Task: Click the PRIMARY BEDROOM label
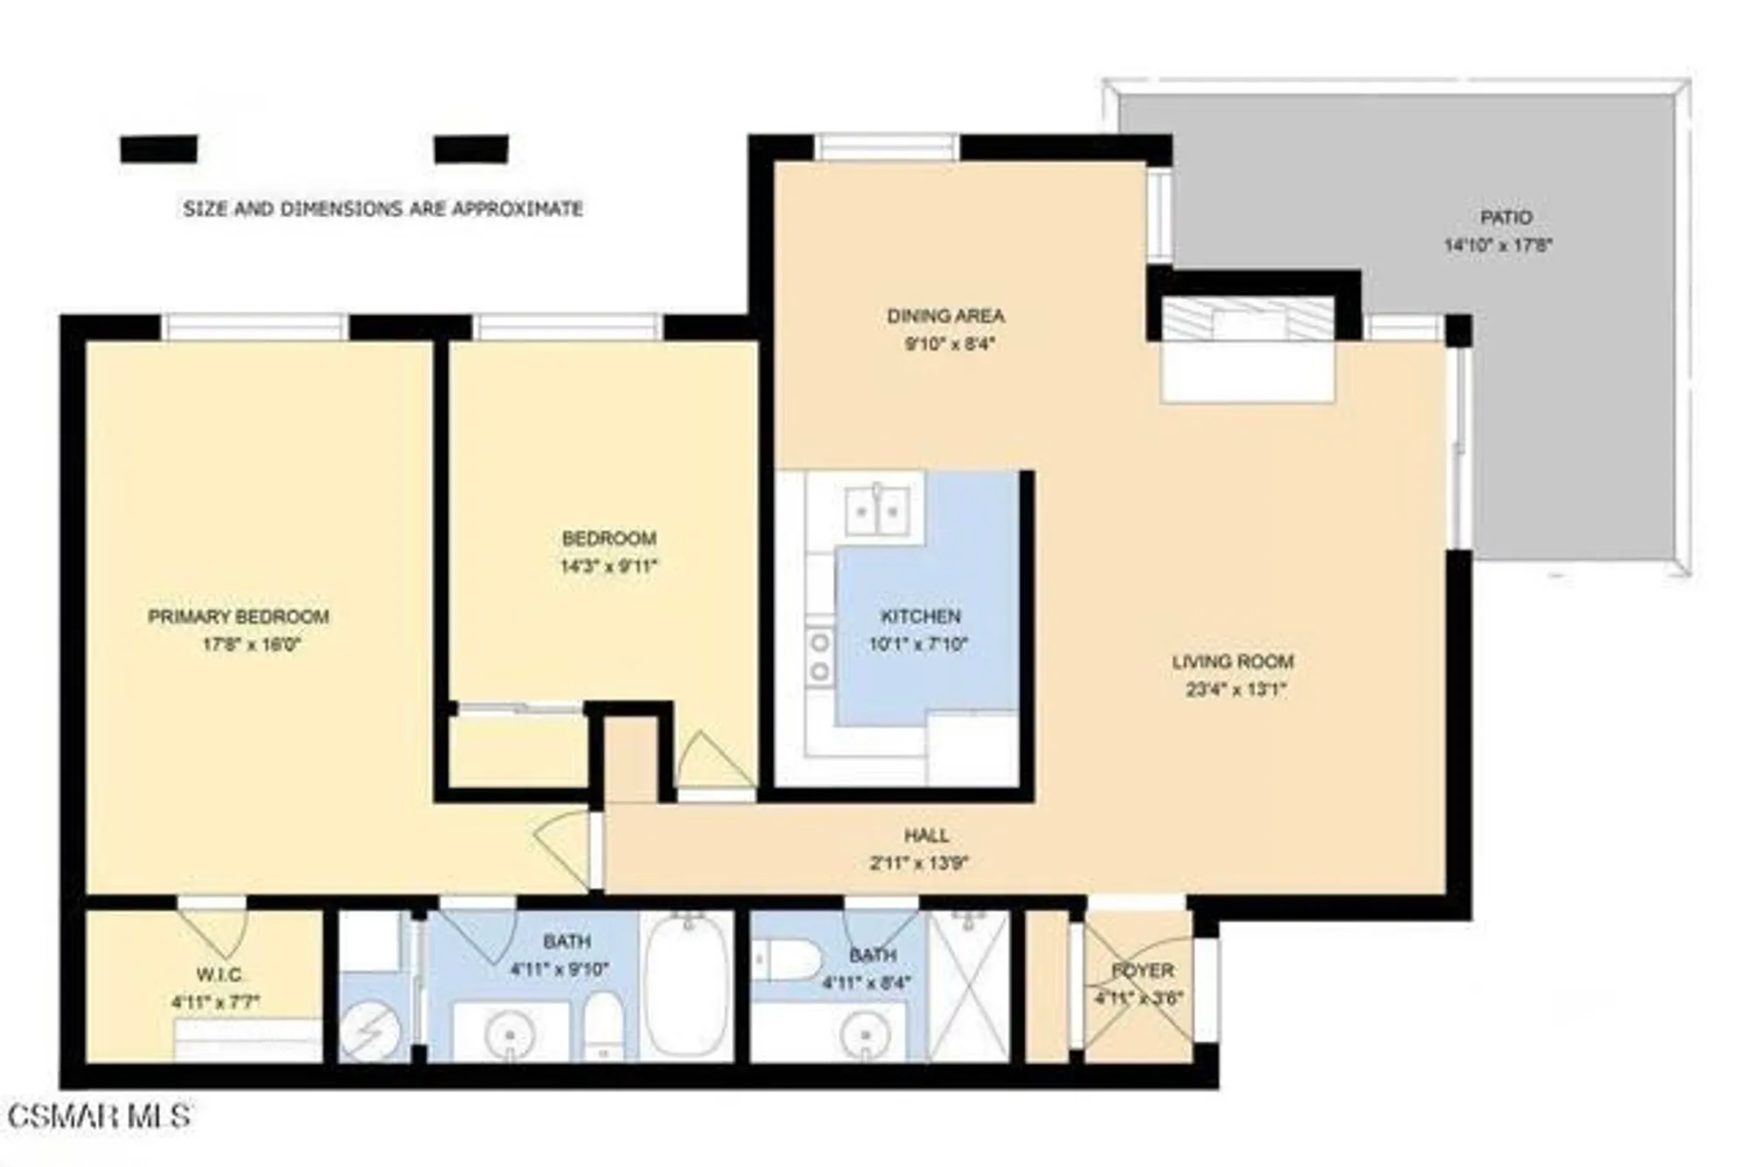(238, 617)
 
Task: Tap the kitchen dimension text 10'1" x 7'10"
(918, 645)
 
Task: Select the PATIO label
(1506, 217)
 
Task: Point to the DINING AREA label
(945, 316)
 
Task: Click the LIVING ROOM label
(1232, 661)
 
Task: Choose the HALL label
(926, 835)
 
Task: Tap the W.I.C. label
(219, 975)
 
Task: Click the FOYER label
(1142, 970)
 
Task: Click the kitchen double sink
(876, 510)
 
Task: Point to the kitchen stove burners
(820, 657)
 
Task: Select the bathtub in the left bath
(687, 984)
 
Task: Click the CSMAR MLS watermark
(98, 1116)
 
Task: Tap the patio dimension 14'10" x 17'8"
(1497, 245)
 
